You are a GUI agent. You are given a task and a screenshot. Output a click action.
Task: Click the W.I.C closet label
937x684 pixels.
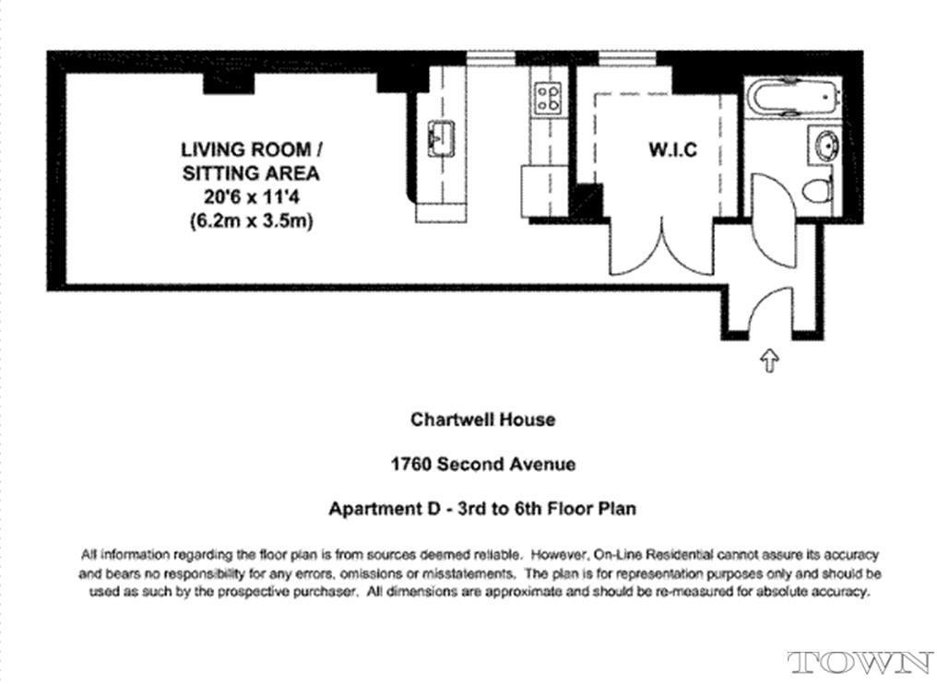pyautogui.click(x=673, y=149)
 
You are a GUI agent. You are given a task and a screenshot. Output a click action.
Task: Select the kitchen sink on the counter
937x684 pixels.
pyautogui.click(x=441, y=138)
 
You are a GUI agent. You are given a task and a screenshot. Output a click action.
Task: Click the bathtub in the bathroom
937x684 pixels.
pyautogui.click(x=792, y=97)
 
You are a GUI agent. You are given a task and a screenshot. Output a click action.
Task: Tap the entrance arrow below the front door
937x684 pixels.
pyautogui.click(x=769, y=360)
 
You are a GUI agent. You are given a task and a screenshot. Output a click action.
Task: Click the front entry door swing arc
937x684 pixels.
pyautogui.click(x=770, y=299)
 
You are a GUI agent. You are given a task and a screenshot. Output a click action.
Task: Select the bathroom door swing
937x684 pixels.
pyautogui.click(x=773, y=221)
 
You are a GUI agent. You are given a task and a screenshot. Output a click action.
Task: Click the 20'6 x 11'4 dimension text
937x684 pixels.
pyautogui.click(x=250, y=196)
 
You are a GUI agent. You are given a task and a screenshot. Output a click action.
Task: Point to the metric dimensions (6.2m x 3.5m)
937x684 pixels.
pyautogui.click(x=251, y=221)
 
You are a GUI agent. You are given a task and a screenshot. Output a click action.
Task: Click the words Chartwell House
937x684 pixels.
pyautogui.click(x=483, y=419)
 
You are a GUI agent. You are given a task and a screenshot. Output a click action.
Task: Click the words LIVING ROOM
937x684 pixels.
pyautogui.click(x=246, y=148)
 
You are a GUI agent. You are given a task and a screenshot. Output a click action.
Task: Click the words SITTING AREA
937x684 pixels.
pyautogui.click(x=251, y=173)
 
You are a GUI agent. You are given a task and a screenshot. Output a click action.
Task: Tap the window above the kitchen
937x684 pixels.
pyautogui.click(x=491, y=59)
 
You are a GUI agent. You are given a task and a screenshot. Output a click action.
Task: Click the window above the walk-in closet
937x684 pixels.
pyautogui.click(x=627, y=59)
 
